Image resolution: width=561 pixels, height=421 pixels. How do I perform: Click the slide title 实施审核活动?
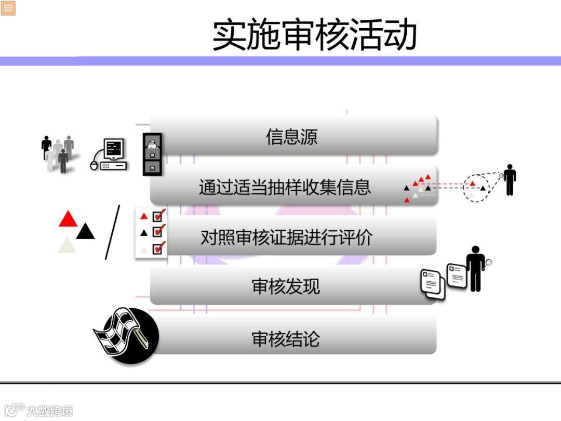(x=315, y=35)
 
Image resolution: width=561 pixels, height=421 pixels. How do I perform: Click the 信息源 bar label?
(x=291, y=137)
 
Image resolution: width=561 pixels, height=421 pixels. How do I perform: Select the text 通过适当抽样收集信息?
(x=285, y=187)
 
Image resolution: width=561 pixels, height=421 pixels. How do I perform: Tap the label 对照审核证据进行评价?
(x=287, y=238)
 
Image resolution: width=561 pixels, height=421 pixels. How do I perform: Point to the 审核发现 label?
(x=286, y=286)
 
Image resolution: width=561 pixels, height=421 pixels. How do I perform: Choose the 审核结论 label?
(x=286, y=339)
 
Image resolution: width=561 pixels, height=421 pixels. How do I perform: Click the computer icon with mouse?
(x=110, y=154)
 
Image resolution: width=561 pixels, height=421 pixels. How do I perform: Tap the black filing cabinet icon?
(x=152, y=153)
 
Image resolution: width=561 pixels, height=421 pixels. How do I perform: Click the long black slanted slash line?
(x=112, y=232)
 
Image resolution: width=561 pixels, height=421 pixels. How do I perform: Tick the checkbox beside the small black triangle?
(x=158, y=232)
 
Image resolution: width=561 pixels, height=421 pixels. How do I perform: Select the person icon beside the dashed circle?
(x=510, y=180)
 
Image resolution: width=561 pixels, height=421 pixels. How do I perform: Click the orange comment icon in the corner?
(x=8, y=8)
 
